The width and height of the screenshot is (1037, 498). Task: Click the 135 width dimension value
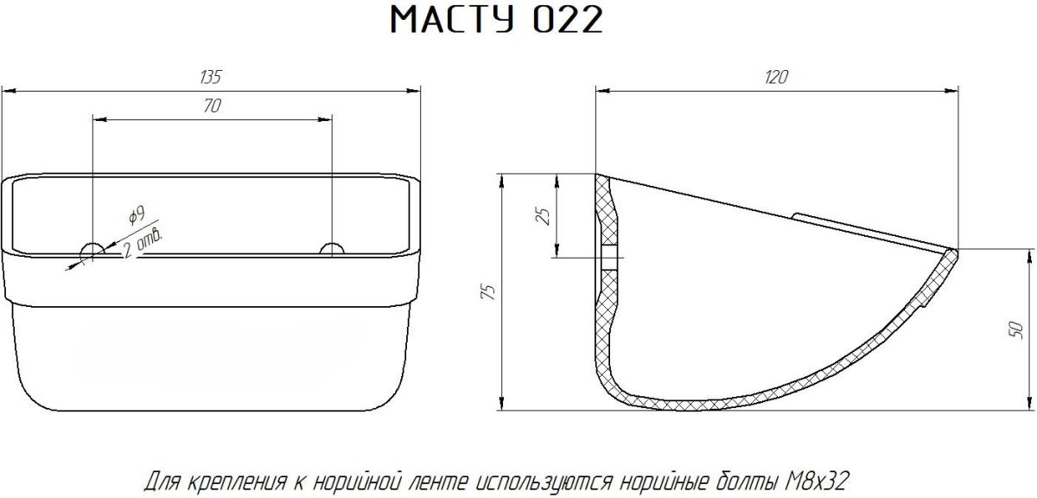point(211,77)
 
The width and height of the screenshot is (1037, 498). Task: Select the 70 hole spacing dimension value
point(212,106)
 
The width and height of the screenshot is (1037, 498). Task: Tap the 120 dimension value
point(776,77)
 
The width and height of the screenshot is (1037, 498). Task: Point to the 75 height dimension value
point(489,292)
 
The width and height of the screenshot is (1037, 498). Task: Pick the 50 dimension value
point(1016,329)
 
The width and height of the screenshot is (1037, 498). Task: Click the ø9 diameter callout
point(137,215)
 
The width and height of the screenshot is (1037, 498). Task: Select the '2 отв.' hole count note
point(143,243)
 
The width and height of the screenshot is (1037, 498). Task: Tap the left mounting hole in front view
point(92,250)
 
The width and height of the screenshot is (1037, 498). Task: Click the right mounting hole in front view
point(333,249)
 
